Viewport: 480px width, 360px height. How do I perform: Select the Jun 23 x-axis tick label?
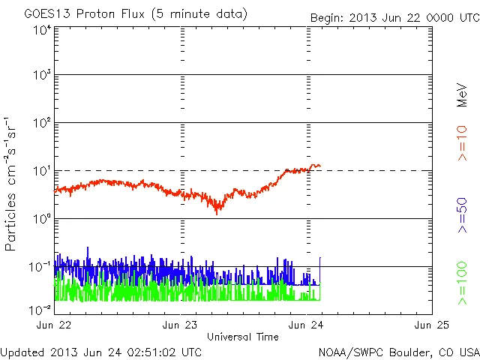pyautogui.click(x=180, y=325)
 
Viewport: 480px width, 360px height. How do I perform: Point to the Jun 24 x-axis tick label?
pyautogui.click(x=307, y=325)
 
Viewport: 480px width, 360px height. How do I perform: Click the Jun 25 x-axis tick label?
pyautogui.click(x=433, y=325)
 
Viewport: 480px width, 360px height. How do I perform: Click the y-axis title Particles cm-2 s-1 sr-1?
pyautogui.click(x=12, y=184)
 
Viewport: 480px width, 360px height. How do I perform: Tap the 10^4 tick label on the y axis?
pyautogui.click(x=41, y=30)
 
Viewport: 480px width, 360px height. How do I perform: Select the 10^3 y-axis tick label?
pyautogui.click(x=41, y=75)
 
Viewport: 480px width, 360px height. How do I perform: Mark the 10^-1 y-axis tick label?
pyautogui.click(x=40, y=266)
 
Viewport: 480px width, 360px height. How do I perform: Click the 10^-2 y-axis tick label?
pyautogui.click(x=40, y=308)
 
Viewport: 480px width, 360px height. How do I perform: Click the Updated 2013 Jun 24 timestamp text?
pyautogui.click(x=101, y=352)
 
